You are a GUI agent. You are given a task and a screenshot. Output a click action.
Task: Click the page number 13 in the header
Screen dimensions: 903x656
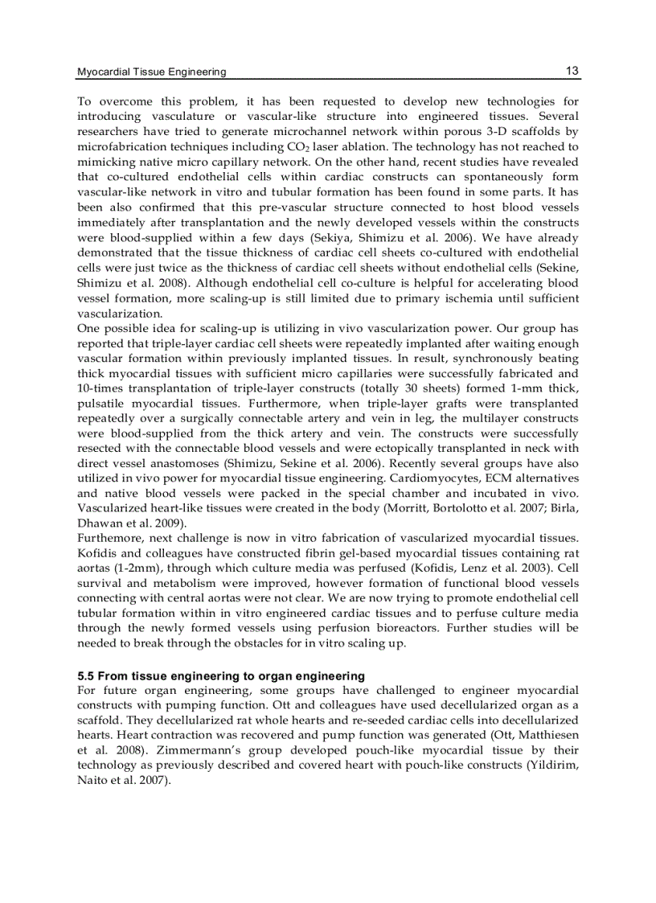click(572, 71)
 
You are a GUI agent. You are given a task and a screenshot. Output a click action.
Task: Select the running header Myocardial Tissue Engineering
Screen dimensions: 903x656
click(151, 72)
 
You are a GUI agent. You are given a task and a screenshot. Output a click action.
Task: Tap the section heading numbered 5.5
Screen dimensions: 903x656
click(221, 675)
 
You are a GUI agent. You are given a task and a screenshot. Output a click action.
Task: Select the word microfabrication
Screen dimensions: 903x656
click(121, 147)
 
